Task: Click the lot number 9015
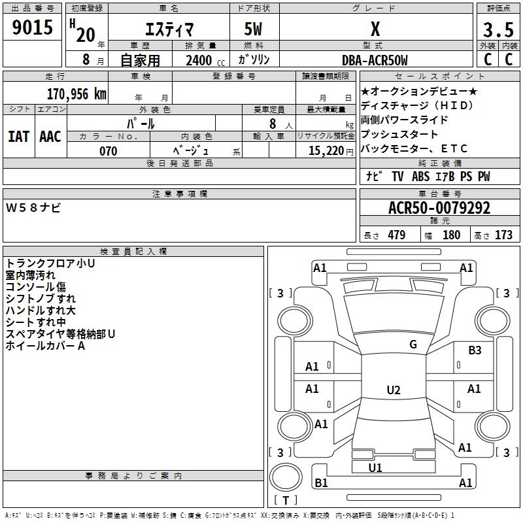pyautogui.click(x=32, y=27)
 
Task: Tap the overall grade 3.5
pyautogui.click(x=498, y=29)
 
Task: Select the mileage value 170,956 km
pyautogui.click(x=76, y=94)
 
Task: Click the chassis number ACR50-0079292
pyautogui.click(x=439, y=208)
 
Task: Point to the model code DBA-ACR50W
pyautogui.click(x=375, y=60)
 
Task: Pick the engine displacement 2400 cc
pyautogui.click(x=205, y=60)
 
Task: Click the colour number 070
pyautogui.click(x=109, y=151)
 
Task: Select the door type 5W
pyautogui.click(x=253, y=29)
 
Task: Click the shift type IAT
pyautogui.click(x=19, y=137)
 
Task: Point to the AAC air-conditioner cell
pyautogui.click(x=50, y=137)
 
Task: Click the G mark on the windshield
pyautogui.click(x=413, y=345)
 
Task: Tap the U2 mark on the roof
pyautogui.click(x=394, y=390)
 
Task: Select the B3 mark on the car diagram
pyautogui.click(x=475, y=350)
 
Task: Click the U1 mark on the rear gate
pyautogui.click(x=375, y=468)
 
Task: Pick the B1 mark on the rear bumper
pyautogui.click(x=321, y=482)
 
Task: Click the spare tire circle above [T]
pyautogui.click(x=286, y=477)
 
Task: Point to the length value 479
pyautogui.click(x=397, y=235)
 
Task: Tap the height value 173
pyautogui.click(x=503, y=235)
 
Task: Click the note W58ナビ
pyautogui.click(x=33, y=208)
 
